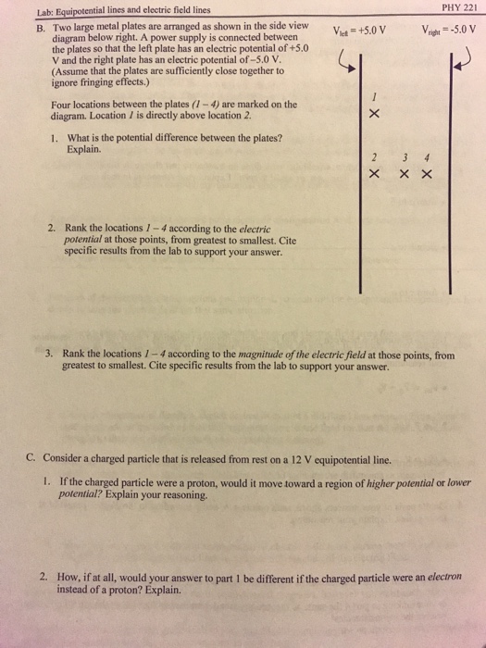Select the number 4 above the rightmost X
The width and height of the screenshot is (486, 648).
click(427, 156)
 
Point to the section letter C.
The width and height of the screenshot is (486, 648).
click(31, 458)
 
